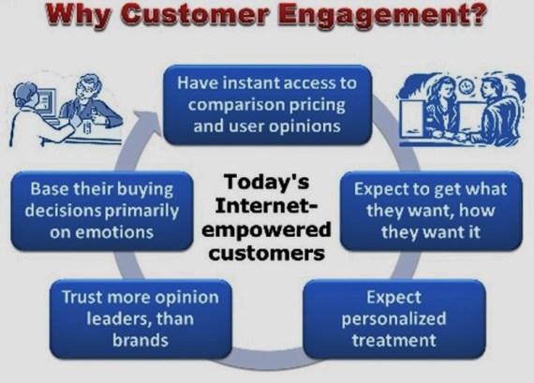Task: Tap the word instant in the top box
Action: click(247, 82)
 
